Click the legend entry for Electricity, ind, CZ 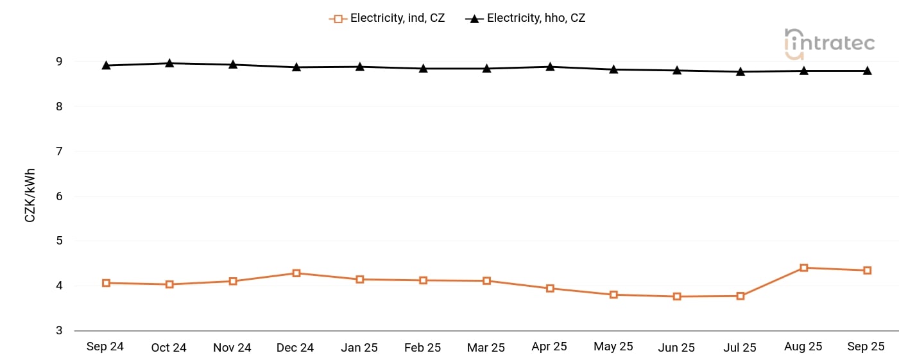point(387,19)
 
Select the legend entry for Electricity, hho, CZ point(526,19)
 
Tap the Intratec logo point(829,43)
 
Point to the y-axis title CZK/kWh point(30,196)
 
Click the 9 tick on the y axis point(59,62)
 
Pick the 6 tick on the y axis point(59,196)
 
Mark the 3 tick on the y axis point(59,330)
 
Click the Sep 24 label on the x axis point(105,347)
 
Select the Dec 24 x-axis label point(295,347)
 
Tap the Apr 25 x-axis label point(549,347)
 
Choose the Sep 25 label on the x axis point(866,347)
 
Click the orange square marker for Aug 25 point(803,268)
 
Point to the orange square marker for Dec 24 point(296,273)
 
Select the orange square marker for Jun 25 point(677,296)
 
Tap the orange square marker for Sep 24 point(106,283)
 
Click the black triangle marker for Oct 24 point(169,63)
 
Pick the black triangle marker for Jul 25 point(741,71)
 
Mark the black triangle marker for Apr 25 point(550,66)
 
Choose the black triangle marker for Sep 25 point(867,71)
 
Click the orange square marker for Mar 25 point(486,281)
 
